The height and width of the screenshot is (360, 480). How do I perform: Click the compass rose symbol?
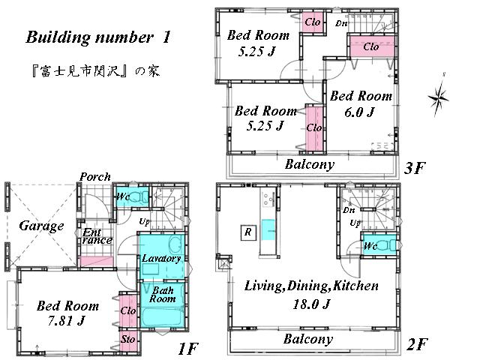pos(439,95)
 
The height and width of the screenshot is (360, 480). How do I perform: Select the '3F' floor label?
pos(415,167)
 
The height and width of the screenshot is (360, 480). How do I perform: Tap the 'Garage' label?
pos(41,226)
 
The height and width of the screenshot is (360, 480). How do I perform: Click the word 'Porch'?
pos(94,177)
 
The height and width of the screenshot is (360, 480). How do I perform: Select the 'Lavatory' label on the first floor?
pos(161,258)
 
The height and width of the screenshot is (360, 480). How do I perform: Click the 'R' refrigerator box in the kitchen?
pos(247,232)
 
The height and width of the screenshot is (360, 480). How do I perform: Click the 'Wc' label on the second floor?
pos(370,246)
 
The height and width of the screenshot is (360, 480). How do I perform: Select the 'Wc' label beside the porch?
pos(122,196)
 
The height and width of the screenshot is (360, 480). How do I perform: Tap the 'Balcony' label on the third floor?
pos(310,164)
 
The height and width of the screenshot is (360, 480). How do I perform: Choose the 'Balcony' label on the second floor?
pos(307,339)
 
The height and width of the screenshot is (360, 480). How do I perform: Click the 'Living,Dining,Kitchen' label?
pos(311,286)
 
